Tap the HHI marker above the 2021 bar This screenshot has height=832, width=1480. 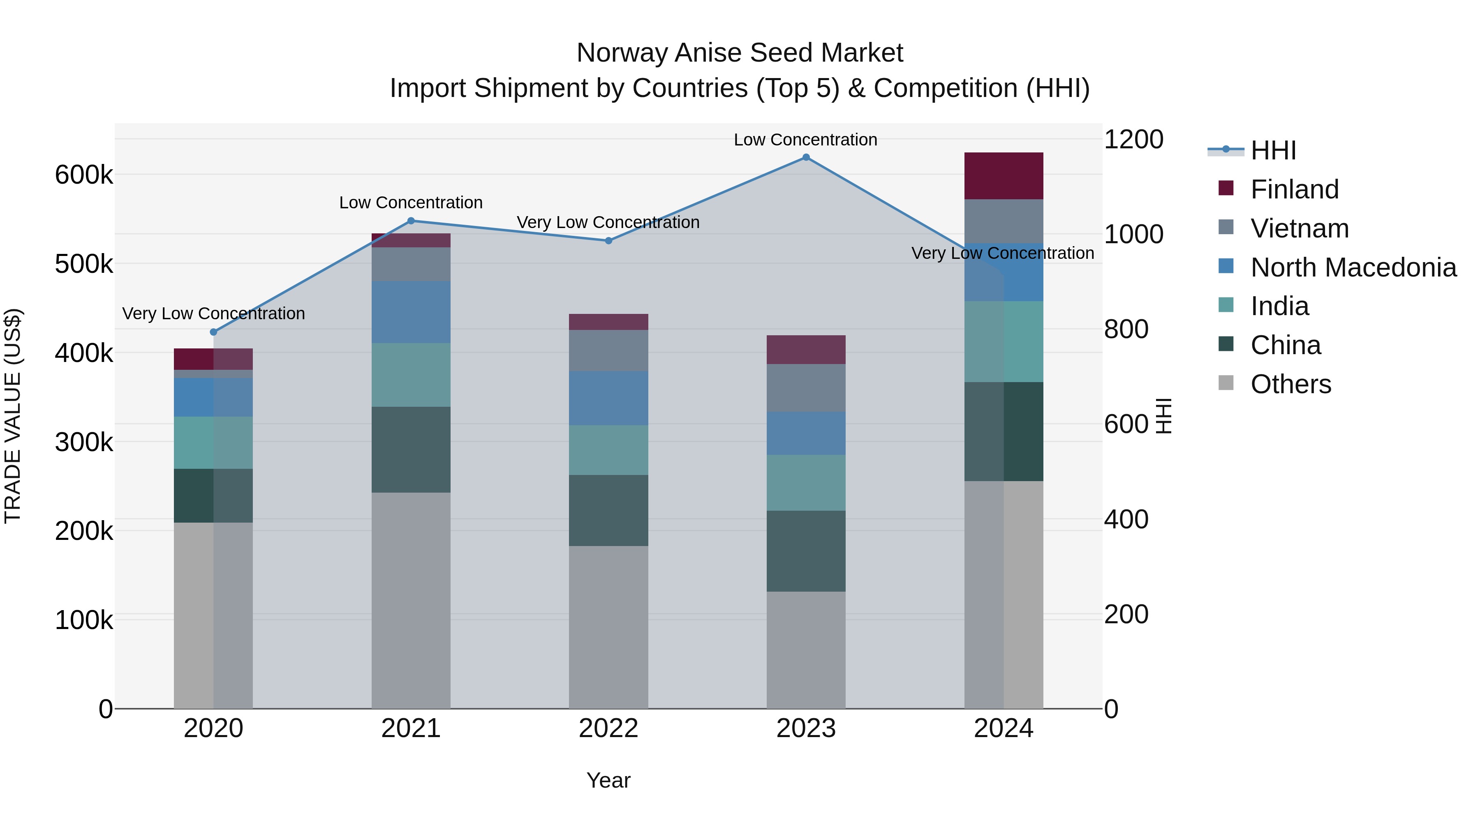[411, 221]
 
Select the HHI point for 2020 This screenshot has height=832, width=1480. [214, 332]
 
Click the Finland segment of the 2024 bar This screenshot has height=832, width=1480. [1003, 176]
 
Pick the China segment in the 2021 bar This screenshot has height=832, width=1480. [411, 449]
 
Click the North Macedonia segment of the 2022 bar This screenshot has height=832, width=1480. [608, 398]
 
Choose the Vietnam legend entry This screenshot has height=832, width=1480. [1300, 228]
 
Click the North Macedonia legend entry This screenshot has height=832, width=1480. [1353, 267]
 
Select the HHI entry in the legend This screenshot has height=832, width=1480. [1272, 150]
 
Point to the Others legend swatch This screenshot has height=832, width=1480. [1226, 383]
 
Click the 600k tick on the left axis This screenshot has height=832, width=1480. [84, 175]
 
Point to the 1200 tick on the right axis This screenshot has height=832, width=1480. [1133, 140]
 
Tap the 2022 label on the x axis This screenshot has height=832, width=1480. [608, 728]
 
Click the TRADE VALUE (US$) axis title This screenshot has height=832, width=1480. [13, 416]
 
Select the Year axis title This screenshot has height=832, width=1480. [608, 780]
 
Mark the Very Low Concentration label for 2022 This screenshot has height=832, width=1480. [608, 222]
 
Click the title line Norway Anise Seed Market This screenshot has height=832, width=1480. [740, 53]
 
